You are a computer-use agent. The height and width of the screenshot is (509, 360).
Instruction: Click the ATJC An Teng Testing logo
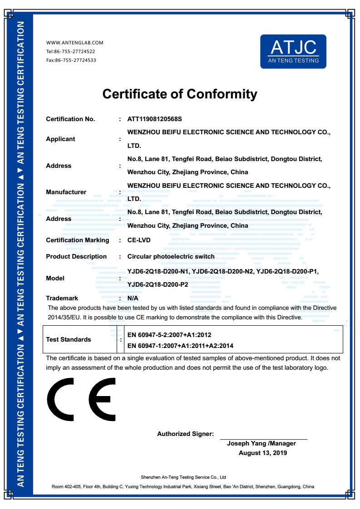[293, 51]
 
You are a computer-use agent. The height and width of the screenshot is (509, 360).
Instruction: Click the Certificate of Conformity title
[180, 94]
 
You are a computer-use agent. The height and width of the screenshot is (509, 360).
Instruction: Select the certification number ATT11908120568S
[154, 119]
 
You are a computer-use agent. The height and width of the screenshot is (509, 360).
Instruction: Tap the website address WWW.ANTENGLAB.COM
[75, 43]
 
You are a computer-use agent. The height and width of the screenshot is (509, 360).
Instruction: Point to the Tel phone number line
[71, 51]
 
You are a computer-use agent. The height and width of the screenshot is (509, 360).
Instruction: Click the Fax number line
[71, 60]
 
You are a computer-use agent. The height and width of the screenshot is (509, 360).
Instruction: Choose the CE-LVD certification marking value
[139, 240]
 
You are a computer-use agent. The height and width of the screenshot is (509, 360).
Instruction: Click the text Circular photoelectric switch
[171, 256]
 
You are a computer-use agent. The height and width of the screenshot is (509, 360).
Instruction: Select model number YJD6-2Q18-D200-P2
[158, 285]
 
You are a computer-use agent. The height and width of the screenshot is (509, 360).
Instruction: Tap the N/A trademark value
[133, 298]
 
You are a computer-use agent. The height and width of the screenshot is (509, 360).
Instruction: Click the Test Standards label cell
[69, 339]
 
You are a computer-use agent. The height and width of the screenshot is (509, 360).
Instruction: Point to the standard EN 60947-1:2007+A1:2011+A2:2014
[181, 346]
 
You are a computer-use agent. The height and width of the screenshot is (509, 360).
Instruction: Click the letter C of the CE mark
[62, 399]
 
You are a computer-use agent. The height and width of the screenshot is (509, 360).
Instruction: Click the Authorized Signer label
[185, 434]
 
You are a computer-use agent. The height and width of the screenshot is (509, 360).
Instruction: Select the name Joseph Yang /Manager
[261, 443]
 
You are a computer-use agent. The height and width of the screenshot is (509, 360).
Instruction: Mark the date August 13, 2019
[263, 453]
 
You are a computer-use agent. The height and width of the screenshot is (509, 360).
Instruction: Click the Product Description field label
[76, 256]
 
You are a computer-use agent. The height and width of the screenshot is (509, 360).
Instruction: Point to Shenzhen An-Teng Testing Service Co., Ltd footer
[183, 477]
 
